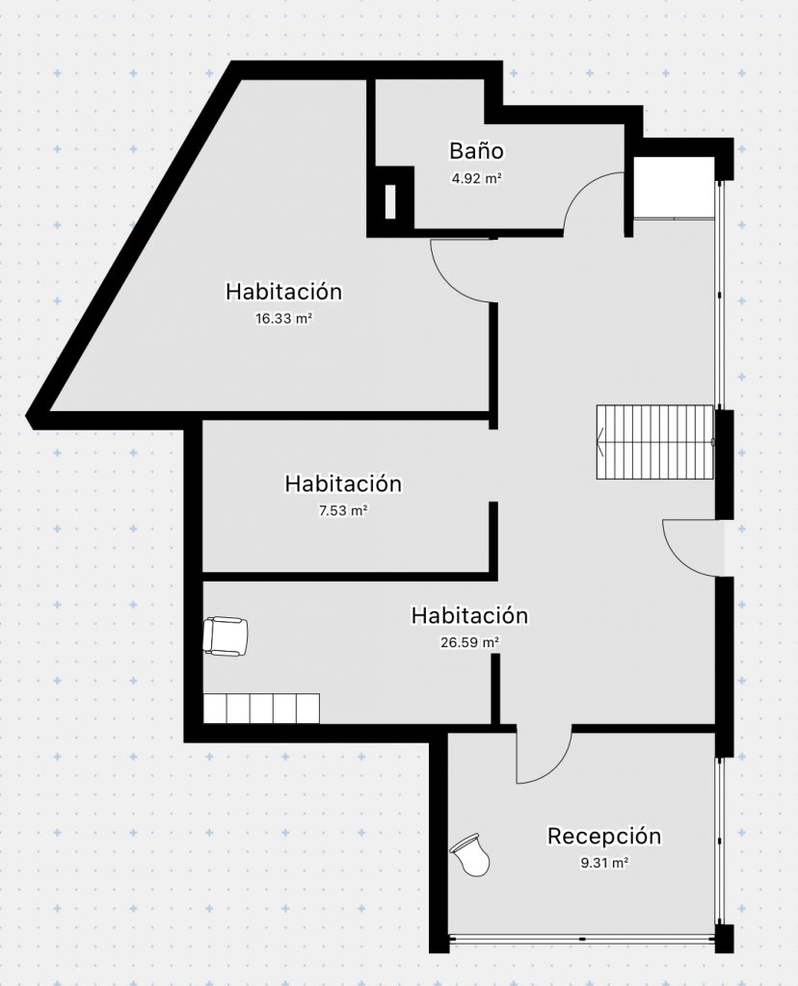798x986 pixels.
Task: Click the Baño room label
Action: click(x=476, y=151)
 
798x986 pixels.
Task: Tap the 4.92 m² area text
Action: click(x=476, y=178)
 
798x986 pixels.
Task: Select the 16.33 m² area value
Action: click(x=284, y=318)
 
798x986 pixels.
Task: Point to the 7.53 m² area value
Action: click(x=343, y=510)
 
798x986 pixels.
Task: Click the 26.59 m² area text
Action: click(x=469, y=642)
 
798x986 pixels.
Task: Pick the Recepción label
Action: click(x=604, y=837)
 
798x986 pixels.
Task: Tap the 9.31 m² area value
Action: click(x=604, y=863)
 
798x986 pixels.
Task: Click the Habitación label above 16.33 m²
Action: click(x=284, y=292)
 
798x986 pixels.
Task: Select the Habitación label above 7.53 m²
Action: click(x=343, y=483)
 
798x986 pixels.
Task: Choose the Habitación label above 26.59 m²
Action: click(x=469, y=615)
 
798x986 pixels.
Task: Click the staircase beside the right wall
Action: click(x=655, y=442)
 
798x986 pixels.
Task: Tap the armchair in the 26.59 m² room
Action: click(x=226, y=636)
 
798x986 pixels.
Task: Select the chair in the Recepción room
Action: click(x=470, y=853)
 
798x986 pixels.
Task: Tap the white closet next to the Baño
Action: click(x=674, y=188)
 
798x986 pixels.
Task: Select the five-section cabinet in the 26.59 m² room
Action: click(x=261, y=708)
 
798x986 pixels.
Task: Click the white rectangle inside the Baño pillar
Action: click(x=390, y=202)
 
